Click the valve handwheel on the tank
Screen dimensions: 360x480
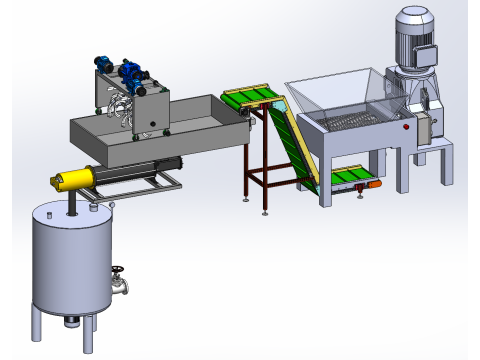[119, 272]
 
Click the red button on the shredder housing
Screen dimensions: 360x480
[408, 126]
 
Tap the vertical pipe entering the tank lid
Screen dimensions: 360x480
[72, 206]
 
